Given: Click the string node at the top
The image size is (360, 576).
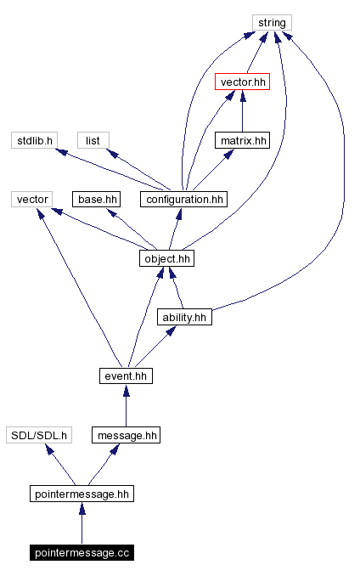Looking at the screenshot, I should (x=272, y=22).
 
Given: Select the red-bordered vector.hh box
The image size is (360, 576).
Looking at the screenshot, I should (x=242, y=82).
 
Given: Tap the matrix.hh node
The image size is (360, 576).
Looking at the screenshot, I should (x=242, y=140).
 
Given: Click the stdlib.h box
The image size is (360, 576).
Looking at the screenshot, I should (x=35, y=140).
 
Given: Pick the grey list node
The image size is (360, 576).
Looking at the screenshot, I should (x=93, y=140).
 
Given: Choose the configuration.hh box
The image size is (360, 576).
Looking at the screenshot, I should (x=184, y=200).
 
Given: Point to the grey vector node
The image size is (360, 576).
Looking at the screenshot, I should (x=32, y=200).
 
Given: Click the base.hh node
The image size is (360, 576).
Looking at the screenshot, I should (x=96, y=200).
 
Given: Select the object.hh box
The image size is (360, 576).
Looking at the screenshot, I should (x=166, y=258).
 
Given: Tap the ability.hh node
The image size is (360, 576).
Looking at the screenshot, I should (x=183, y=317).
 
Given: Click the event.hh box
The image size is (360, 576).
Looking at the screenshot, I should (x=126, y=376).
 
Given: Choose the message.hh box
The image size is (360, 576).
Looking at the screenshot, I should (x=126, y=435).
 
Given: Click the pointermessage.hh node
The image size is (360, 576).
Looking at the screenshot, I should (x=82, y=494).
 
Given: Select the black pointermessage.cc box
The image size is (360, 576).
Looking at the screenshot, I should (x=82, y=553).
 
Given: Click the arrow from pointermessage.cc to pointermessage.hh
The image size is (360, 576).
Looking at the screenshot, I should (x=82, y=523).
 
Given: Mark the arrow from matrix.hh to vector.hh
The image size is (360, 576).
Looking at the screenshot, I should (x=242, y=111).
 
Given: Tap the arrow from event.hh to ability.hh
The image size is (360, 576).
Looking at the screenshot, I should (x=153, y=347).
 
